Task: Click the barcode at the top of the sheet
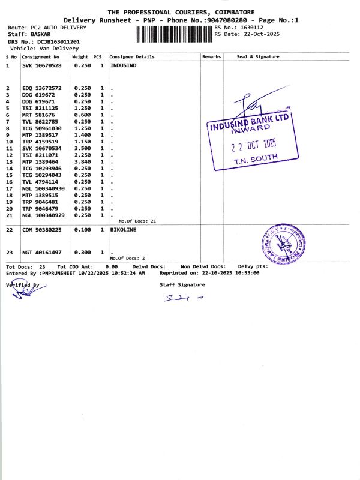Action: point(175,34)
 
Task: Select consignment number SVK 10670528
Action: point(41,65)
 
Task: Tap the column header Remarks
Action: point(211,57)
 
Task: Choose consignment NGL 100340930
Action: point(46,188)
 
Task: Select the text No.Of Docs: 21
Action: point(137,221)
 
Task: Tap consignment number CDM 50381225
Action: point(42,230)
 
